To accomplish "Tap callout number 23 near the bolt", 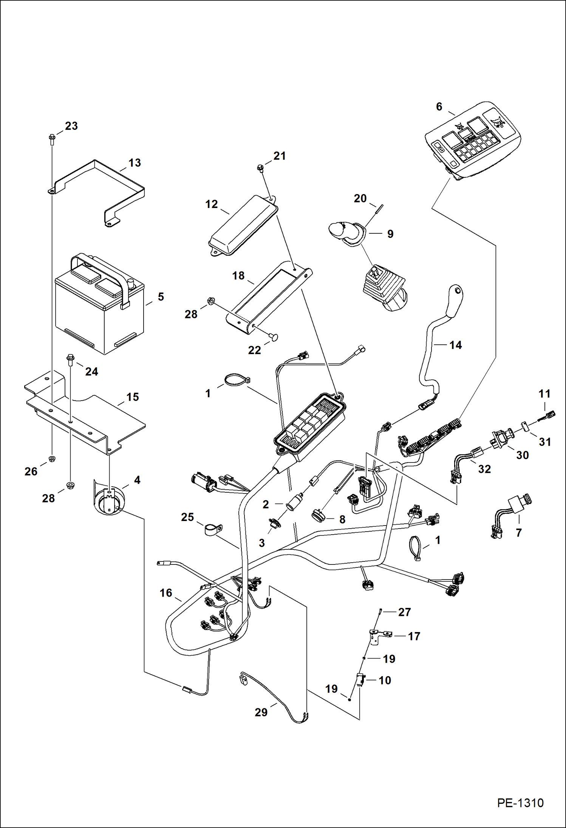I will point(71,126).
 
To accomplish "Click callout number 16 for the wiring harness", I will point(166,593).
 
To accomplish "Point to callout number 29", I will point(261,712).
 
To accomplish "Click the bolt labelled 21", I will point(260,167).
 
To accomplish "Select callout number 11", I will point(544,394).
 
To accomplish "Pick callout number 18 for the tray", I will point(238,276).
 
